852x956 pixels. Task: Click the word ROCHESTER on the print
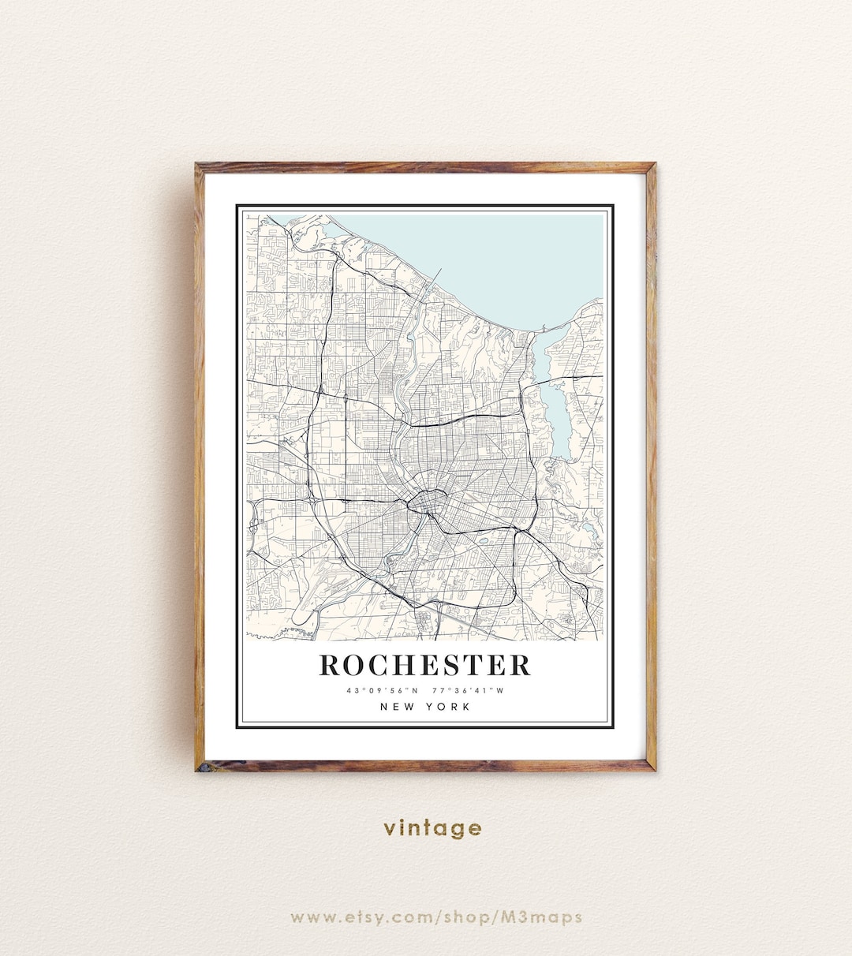[x=424, y=665]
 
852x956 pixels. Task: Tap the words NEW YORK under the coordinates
[x=424, y=707]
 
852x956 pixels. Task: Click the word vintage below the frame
[x=432, y=828]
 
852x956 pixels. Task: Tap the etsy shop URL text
[x=435, y=917]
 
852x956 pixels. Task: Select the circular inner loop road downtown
[x=426, y=502]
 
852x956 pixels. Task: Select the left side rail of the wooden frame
[x=200, y=465]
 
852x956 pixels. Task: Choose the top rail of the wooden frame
[x=426, y=167]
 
